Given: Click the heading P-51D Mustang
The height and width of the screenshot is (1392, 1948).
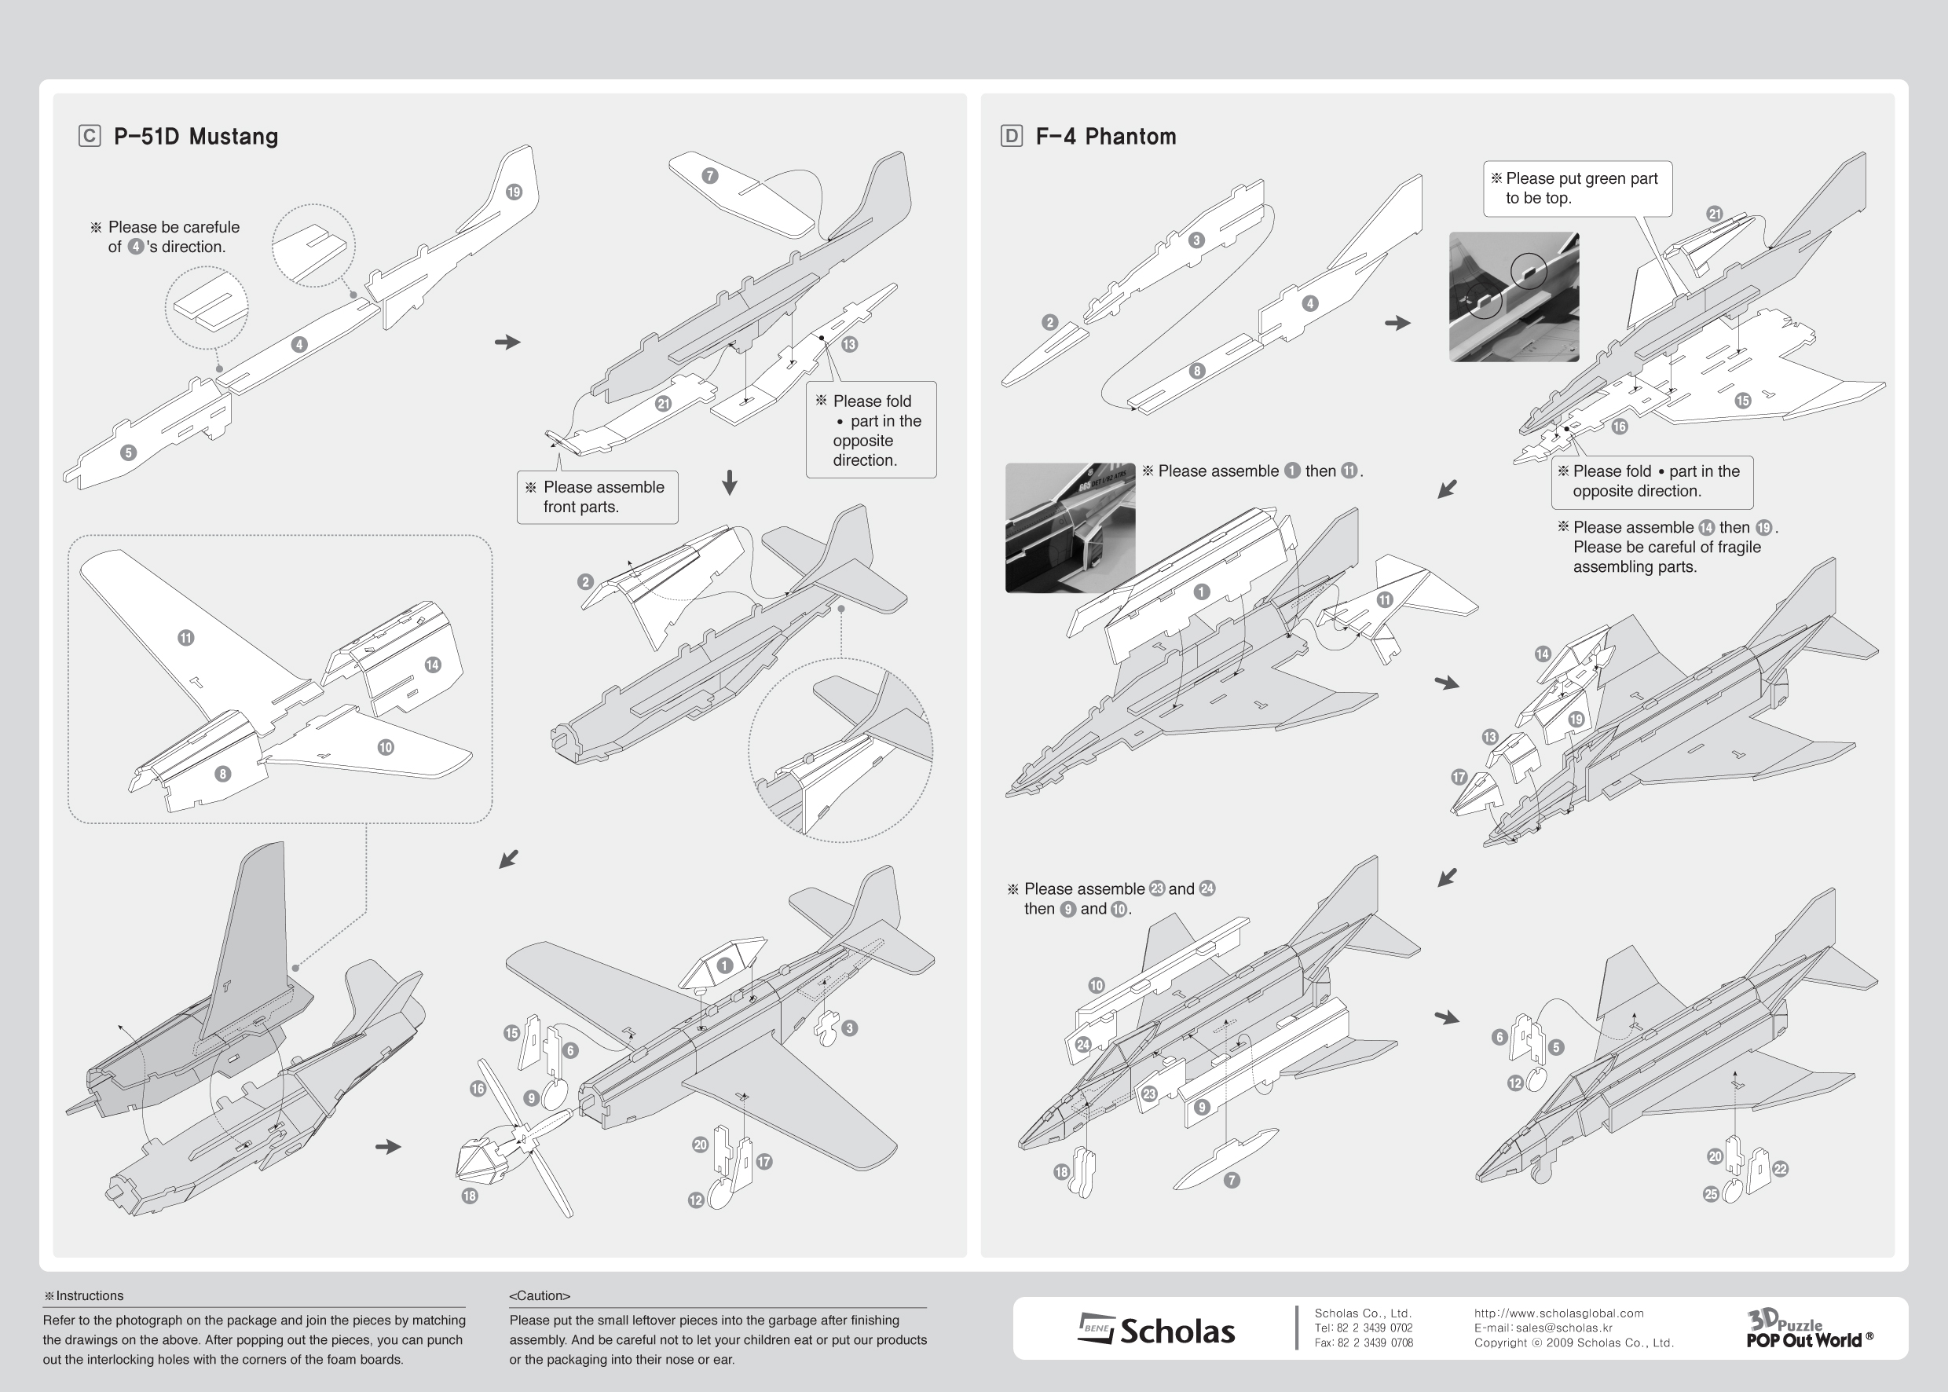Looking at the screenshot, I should click(196, 136).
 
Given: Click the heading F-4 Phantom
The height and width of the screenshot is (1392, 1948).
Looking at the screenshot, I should click(1105, 136).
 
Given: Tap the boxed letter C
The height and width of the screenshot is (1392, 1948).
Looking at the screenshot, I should click(89, 136).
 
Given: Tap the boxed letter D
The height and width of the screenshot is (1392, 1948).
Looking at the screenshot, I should click(1011, 136).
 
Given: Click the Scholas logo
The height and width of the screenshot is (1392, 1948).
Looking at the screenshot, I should click(1156, 1329).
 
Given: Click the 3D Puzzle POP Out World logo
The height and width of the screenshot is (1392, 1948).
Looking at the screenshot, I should click(1807, 1328).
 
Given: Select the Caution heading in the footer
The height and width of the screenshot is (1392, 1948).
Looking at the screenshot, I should click(539, 1295).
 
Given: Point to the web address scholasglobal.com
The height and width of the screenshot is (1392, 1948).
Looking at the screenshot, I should click(1558, 1313).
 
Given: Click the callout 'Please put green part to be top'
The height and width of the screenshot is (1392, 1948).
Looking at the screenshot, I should click(1577, 189).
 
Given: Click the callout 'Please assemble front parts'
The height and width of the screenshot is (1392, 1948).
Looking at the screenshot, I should click(597, 497).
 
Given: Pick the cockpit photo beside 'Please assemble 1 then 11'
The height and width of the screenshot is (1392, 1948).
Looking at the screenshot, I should click(1070, 528).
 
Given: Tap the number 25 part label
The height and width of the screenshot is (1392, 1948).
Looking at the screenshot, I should click(1711, 1194).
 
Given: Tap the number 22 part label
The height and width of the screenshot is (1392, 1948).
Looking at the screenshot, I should click(1780, 1169).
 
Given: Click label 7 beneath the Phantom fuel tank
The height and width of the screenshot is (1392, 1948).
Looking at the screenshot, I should click(1232, 1180).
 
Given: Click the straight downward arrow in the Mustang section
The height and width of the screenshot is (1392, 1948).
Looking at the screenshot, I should click(729, 482).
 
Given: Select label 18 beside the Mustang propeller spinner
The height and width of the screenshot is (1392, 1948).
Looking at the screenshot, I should click(470, 1196).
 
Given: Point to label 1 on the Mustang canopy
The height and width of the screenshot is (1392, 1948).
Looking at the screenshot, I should click(725, 966).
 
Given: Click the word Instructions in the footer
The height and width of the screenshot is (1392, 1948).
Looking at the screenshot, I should click(89, 1295).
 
